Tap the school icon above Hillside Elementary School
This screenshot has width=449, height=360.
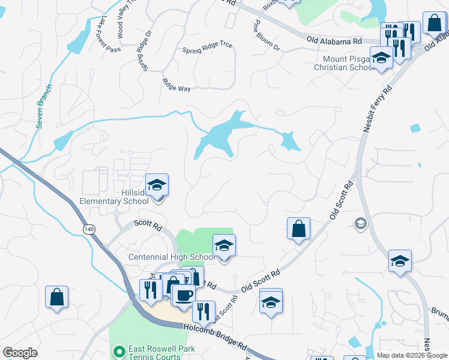click(x=157, y=185)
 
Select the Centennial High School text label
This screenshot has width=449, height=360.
click(x=171, y=257)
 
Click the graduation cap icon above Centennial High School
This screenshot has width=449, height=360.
click(x=224, y=245)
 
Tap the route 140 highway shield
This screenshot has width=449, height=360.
click(x=89, y=229)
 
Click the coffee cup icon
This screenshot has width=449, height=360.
click(x=184, y=295)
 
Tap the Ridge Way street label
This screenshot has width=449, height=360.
click(x=176, y=85)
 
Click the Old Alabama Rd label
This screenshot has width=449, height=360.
click(x=334, y=40)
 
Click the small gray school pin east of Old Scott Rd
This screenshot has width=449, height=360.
click(x=360, y=224)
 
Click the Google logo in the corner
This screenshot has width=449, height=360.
click(x=20, y=353)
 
